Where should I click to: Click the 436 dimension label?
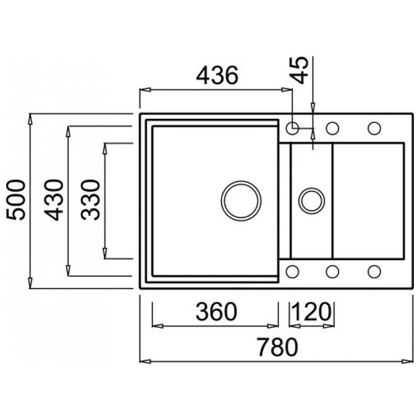tap(217, 75)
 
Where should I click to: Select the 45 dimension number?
tap(300, 70)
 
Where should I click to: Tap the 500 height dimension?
tap(16, 200)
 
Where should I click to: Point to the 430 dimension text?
tap(54, 200)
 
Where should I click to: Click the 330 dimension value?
tap(91, 200)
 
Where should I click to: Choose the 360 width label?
tap(216, 311)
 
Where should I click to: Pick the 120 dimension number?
tap(311, 311)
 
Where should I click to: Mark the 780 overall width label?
tap(277, 347)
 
